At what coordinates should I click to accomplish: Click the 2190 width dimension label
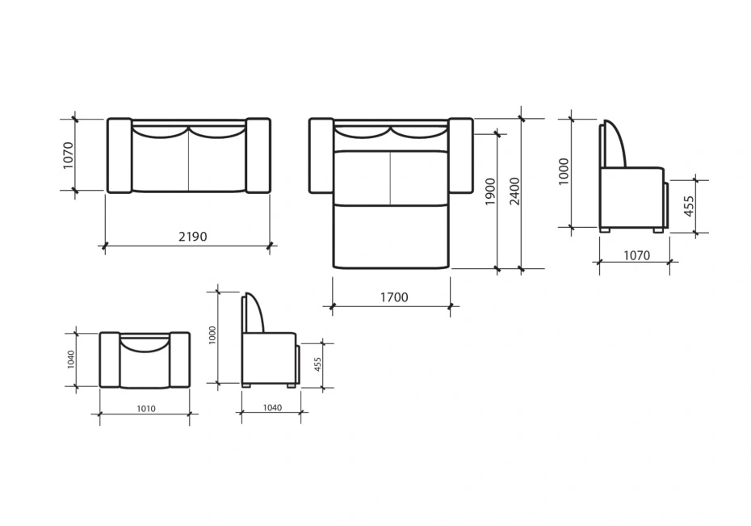[192, 237]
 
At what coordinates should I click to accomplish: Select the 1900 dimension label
[490, 191]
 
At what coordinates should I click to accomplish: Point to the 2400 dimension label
[514, 191]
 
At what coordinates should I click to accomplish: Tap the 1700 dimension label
[394, 297]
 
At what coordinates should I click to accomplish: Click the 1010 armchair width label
[146, 409]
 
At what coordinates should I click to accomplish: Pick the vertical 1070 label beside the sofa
[68, 155]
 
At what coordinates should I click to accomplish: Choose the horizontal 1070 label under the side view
[636, 256]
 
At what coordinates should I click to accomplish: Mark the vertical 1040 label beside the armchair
[71, 360]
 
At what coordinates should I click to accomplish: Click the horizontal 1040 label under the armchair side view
[272, 408]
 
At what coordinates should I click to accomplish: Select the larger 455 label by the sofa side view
[688, 206]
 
